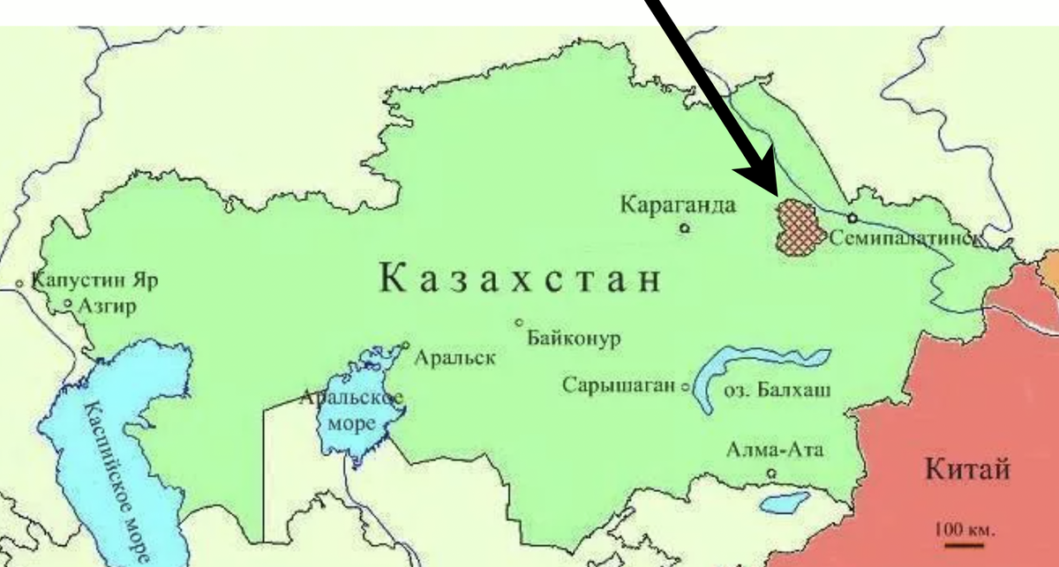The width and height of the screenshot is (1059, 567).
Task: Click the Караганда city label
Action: point(677,205)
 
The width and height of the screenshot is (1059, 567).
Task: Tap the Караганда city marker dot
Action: point(685,228)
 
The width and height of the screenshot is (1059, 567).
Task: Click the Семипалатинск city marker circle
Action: point(852,218)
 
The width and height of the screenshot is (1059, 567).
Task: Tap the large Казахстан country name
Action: point(520,279)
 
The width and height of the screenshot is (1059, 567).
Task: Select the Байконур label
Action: point(575,339)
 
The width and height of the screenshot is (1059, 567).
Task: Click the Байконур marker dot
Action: point(520,322)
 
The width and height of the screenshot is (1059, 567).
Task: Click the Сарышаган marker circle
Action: point(685,386)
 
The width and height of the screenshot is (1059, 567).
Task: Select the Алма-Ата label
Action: point(774,451)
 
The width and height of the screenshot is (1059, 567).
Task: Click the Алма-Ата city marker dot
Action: point(772,474)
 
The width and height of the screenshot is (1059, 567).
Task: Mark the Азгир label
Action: point(104,306)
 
